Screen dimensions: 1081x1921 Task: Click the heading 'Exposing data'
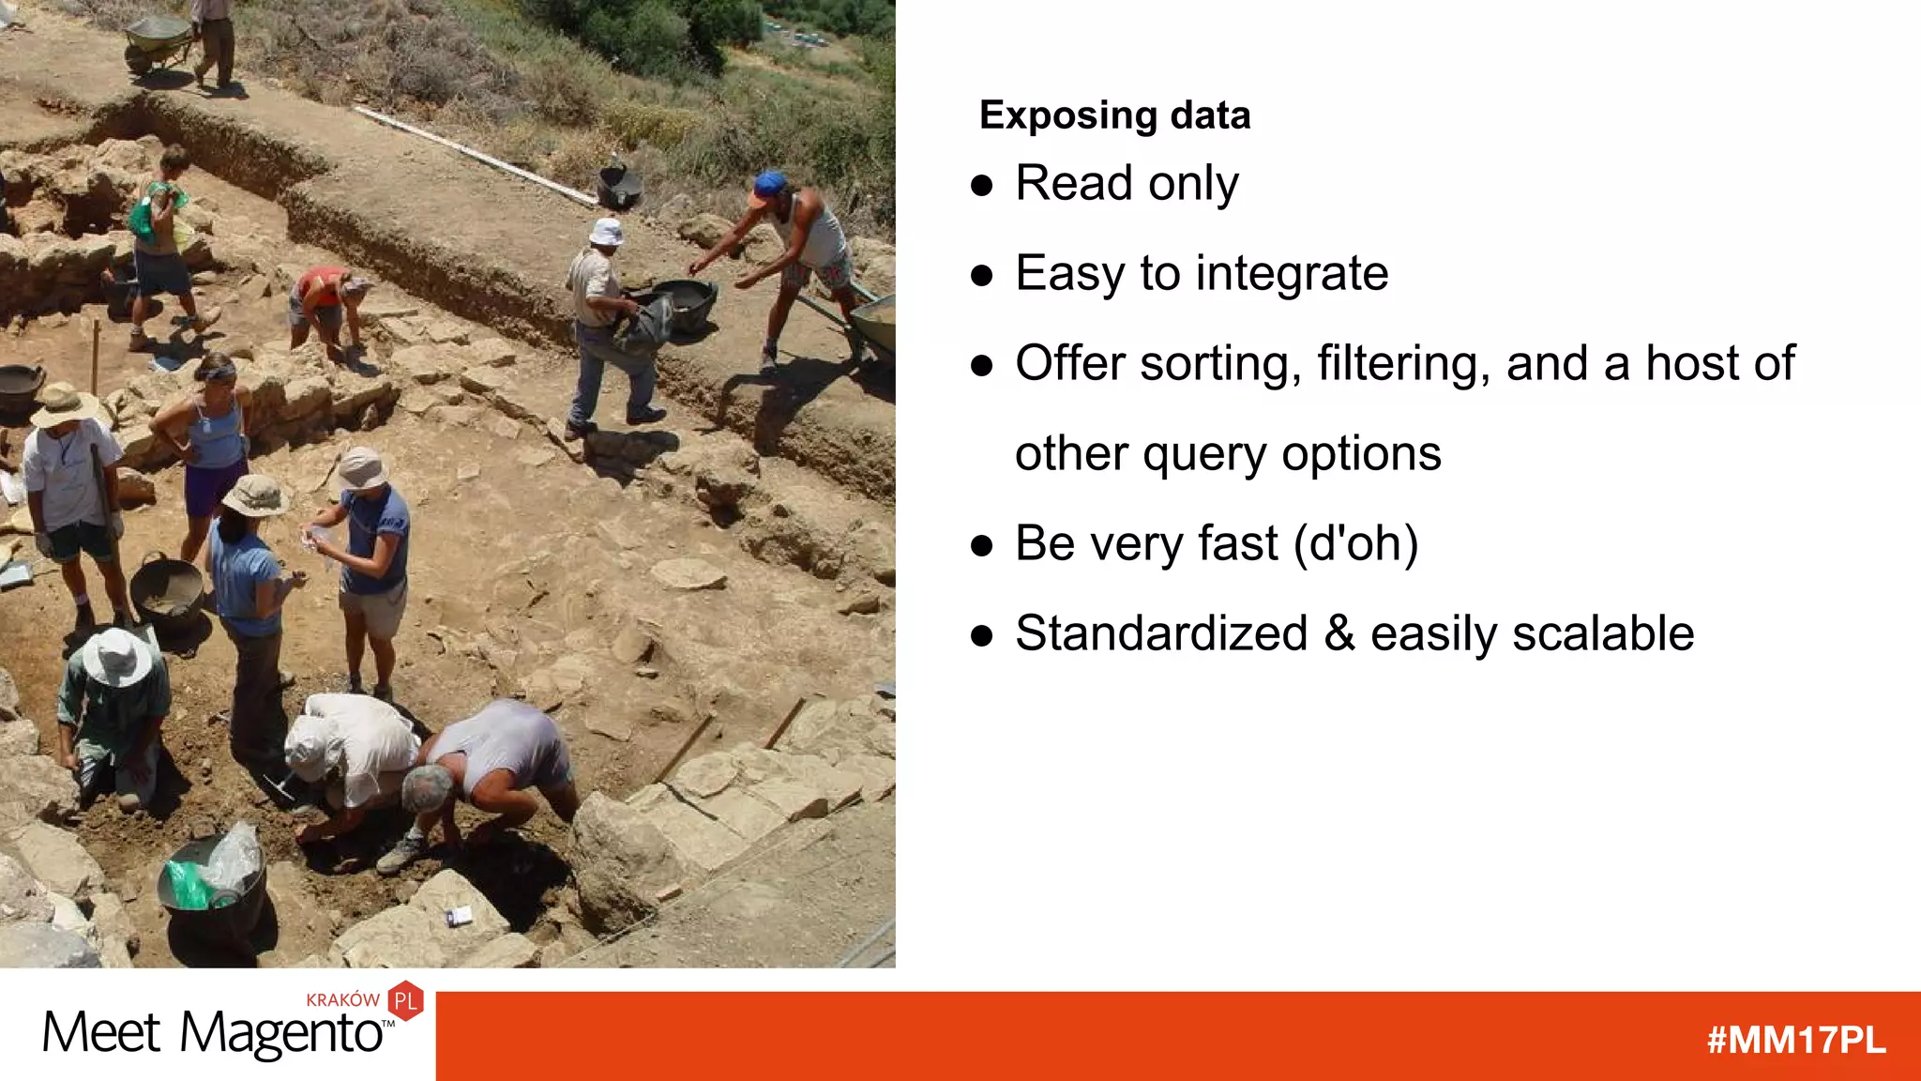(x=1114, y=115)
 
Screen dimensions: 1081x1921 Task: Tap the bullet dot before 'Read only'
(x=982, y=185)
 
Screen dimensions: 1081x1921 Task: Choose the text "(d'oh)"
(x=1355, y=544)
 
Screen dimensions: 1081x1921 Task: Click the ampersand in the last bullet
(x=1339, y=633)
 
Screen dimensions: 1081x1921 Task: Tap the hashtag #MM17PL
(x=1795, y=1041)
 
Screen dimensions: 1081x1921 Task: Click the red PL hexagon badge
(x=405, y=1001)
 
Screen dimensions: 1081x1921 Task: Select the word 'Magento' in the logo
(x=281, y=1034)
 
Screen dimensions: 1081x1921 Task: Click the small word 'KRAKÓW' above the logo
(x=342, y=1000)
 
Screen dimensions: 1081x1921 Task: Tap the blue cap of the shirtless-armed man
(x=769, y=184)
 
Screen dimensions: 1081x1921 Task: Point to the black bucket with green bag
(x=208, y=880)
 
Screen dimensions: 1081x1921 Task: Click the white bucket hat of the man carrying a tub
(x=607, y=230)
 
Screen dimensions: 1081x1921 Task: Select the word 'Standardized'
(x=1161, y=633)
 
